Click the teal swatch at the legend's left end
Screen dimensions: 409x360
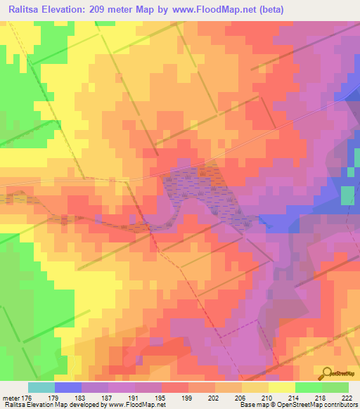point(41,387)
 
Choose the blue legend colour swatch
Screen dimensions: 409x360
point(67,387)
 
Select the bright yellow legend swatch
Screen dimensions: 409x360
point(281,387)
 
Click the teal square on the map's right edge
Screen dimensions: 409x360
point(347,196)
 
